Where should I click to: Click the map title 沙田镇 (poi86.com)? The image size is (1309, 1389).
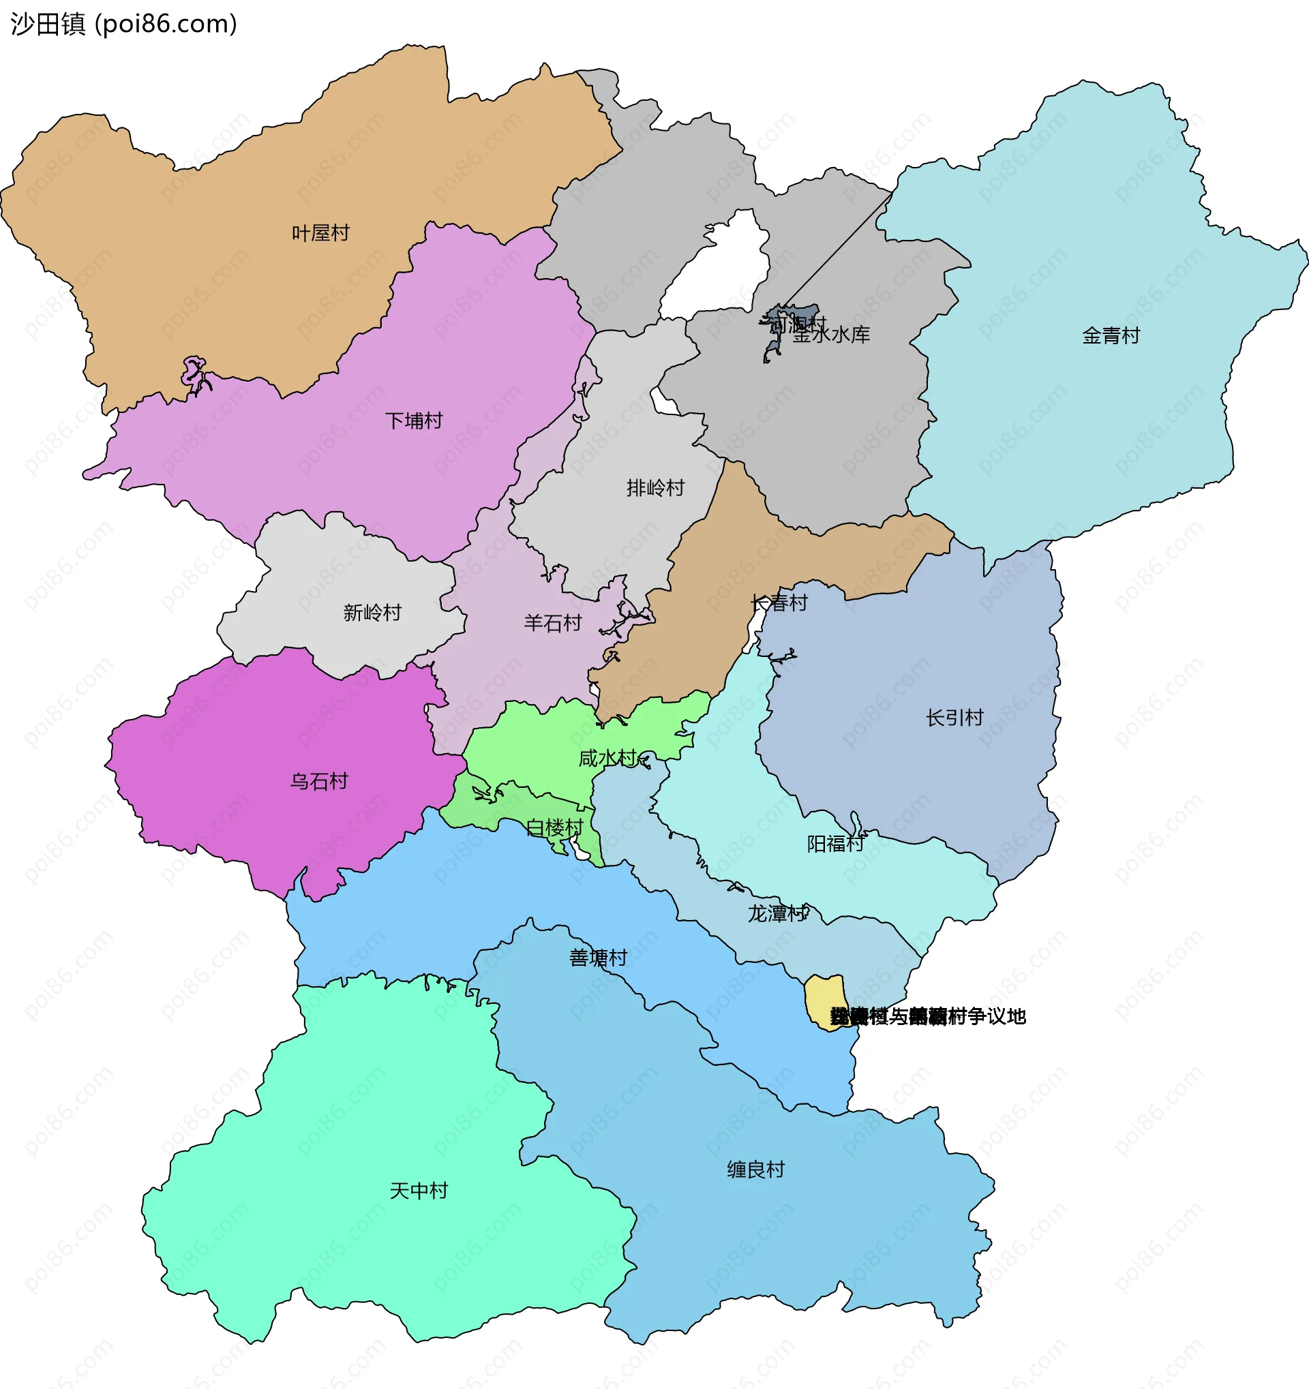coord(123,24)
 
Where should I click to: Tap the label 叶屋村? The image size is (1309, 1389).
coord(320,233)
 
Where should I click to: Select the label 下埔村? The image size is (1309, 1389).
coord(414,421)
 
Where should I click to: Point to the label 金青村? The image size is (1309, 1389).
coord(1111,336)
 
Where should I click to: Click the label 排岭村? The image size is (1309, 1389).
coord(655,488)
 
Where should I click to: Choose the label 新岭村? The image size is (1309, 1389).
coord(372,613)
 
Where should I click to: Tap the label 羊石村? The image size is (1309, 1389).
coord(553,623)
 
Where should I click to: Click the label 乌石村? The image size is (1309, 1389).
coord(318,781)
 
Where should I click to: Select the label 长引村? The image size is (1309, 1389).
coord(954,718)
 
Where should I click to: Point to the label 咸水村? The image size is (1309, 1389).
coord(607,758)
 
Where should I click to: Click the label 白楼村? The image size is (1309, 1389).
coord(554,828)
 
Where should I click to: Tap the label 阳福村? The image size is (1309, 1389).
coord(835,844)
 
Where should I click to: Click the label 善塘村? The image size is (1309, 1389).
coord(598,958)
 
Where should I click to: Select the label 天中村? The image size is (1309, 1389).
coord(418,1191)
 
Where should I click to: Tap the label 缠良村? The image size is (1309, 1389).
coord(755,1170)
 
